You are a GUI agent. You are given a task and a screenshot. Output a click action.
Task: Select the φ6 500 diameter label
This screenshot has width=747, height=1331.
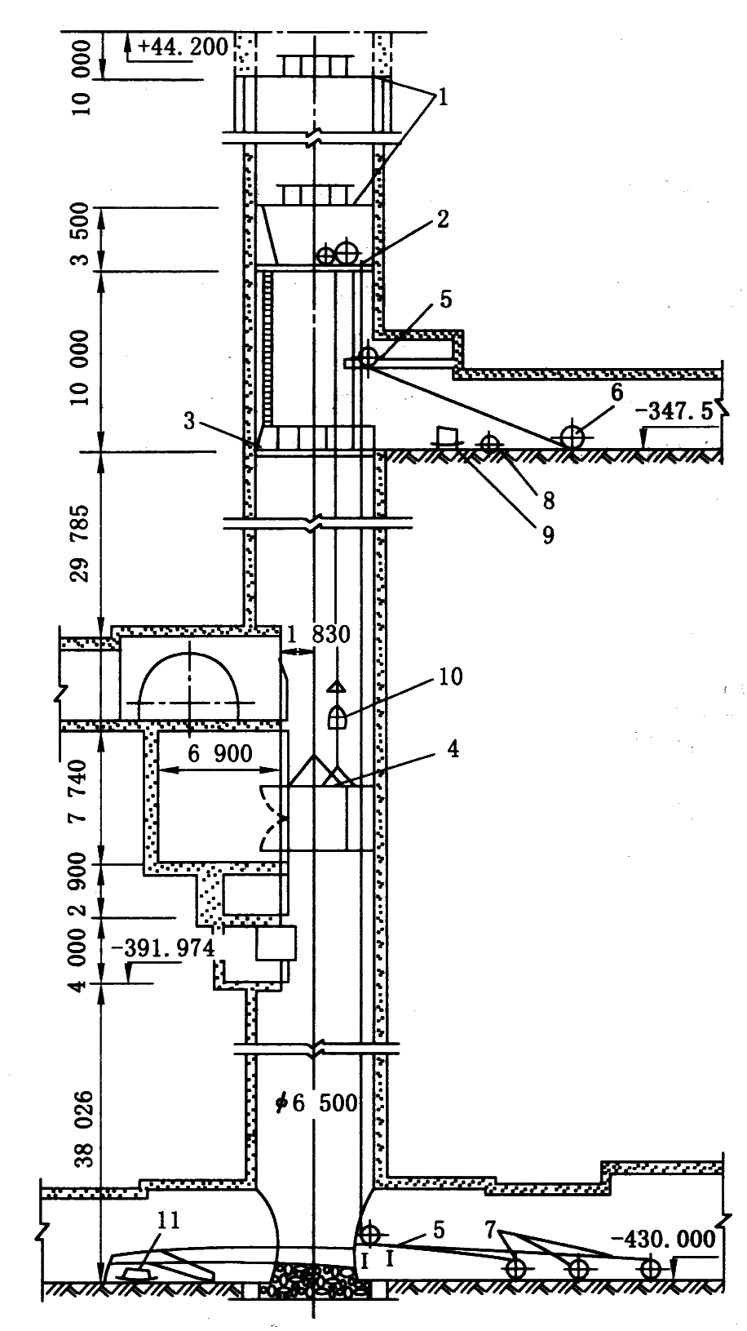click(317, 1103)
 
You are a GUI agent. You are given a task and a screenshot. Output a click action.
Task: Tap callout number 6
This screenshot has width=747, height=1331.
click(617, 393)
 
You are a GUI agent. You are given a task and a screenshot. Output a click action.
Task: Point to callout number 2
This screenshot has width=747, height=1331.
click(441, 219)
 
